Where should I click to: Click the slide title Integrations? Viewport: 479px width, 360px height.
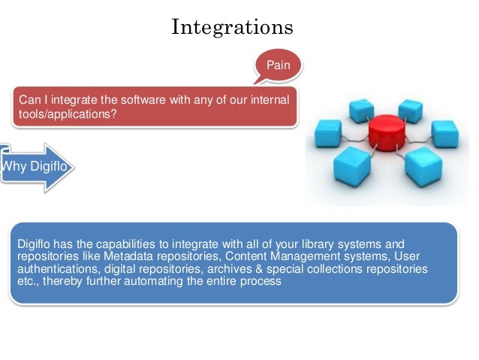pyautogui.click(x=232, y=27)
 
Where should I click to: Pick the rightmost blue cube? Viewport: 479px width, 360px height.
pyautogui.click(x=444, y=133)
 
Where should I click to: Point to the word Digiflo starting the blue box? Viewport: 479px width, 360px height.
pyautogui.click(x=35, y=244)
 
